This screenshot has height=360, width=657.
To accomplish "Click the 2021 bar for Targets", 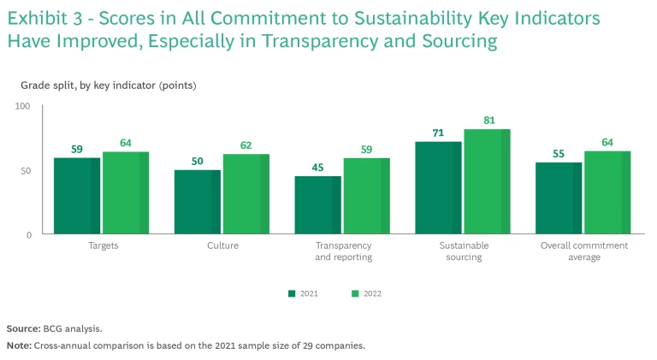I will coord(77,196).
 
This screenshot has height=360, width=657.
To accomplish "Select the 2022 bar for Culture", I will coord(246,194).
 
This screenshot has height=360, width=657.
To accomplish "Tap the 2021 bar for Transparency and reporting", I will coord(317,205).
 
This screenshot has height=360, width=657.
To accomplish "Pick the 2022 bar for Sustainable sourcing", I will coord(487,181).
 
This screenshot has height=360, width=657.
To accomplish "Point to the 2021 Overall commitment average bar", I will coord(559,198).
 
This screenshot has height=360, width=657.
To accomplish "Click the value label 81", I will coord(488,121).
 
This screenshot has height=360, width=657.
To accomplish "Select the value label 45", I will coord(317,168).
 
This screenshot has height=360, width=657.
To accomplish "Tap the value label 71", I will coord(437,133).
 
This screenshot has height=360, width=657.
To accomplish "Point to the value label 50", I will coord(198,161).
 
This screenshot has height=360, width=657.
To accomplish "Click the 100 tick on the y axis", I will coord(23,106).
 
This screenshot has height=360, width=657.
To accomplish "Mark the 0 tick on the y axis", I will coord(27,234).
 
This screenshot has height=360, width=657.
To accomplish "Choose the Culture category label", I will coord(222,245).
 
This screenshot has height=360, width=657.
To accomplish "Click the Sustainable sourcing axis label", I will coord(465,251).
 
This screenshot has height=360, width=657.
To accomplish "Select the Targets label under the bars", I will coord(103,245).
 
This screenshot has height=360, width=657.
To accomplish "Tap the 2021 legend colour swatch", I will coord(292,293).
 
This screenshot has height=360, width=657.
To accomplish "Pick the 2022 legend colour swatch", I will coord(355,293).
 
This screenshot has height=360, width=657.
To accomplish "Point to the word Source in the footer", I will coord(21,328).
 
